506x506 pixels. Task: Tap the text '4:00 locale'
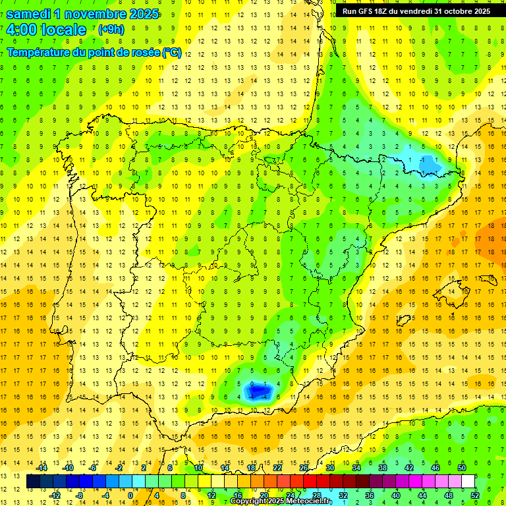click(x=46, y=30)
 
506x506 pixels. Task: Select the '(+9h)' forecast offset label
click(x=111, y=29)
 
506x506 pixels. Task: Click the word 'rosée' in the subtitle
click(x=141, y=53)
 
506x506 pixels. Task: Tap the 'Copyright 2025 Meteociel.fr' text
click(x=281, y=501)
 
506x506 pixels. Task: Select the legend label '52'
click(x=475, y=495)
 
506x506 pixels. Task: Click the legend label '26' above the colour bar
click(x=304, y=468)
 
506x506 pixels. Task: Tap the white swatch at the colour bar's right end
click(x=468, y=482)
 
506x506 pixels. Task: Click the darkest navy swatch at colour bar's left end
click(x=33, y=482)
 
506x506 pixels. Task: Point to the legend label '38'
click(x=383, y=468)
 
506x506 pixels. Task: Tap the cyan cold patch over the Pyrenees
click(x=425, y=163)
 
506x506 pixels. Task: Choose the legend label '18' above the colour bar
click(x=251, y=468)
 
